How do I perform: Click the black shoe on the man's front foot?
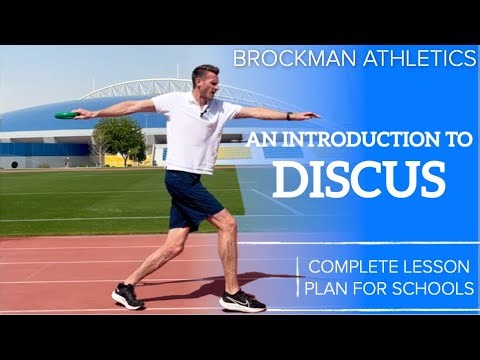tap(243, 301)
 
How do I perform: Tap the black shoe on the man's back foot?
tap(128, 296)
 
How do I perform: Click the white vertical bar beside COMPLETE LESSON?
tap(297, 278)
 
